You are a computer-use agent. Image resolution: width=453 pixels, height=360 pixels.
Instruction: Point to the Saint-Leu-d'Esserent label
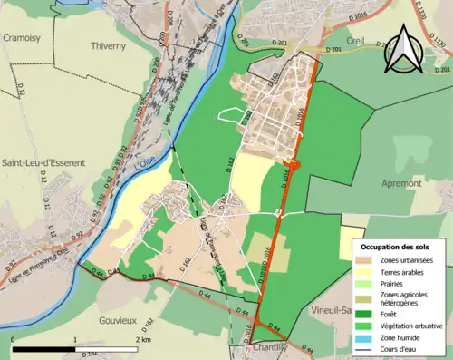pyautogui.click(x=43, y=162)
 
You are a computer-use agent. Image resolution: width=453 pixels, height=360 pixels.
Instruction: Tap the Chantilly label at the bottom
pyautogui.click(x=271, y=348)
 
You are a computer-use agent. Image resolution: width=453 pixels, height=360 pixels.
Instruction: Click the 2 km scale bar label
pyautogui.click(x=140, y=339)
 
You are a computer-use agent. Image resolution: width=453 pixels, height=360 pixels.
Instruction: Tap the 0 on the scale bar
pyautogui.click(x=14, y=339)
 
